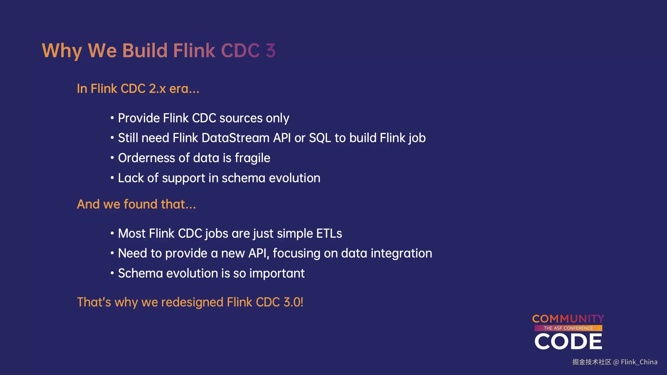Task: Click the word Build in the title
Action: click(x=145, y=50)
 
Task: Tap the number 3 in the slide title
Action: click(x=271, y=50)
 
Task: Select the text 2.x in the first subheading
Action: click(x=157, y=89)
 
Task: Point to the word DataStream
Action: click(x=236, y=138)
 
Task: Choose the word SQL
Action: click(x=320, y=138)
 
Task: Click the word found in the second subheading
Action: click(x=140, y=204)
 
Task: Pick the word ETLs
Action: click(x=329, y=233)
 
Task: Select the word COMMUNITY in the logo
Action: click(x=568, y=319)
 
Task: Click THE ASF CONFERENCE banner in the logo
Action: click(x=568, y=328)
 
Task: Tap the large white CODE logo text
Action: click(x=568, y=341)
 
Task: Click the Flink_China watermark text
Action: click(x=639, y=362)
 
